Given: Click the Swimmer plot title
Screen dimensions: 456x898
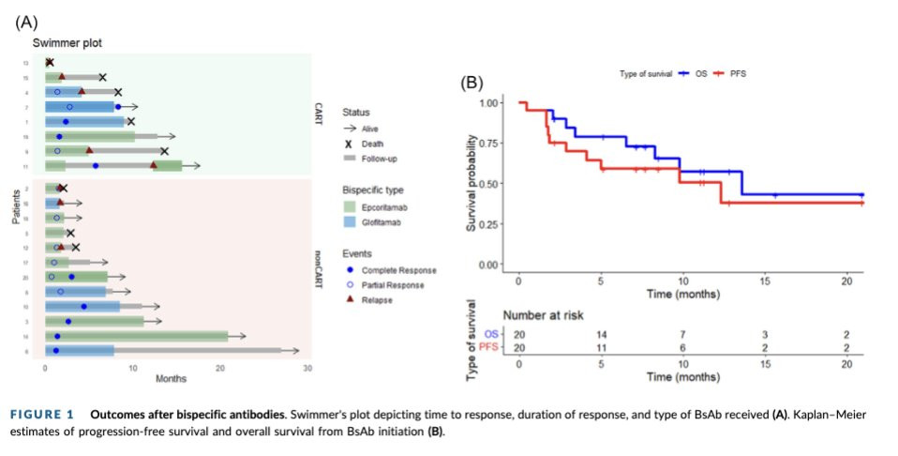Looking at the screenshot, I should tap(67, 43).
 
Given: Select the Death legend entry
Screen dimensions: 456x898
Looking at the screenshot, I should tap(372, 144).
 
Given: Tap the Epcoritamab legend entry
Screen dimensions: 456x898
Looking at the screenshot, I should tap(379, 206).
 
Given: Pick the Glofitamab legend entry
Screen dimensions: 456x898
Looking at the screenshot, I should tap(376, 222).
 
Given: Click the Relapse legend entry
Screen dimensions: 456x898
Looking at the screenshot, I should tap(376, 300).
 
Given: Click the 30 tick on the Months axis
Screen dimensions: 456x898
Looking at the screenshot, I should tap(307, 366).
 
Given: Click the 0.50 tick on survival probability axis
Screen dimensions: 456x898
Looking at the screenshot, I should tap(486, 183).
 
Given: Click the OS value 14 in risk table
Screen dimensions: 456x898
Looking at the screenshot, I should tap(603, 333).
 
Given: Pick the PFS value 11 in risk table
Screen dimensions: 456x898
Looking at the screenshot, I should tap(603, 347).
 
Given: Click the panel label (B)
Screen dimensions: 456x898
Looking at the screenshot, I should tap(471, 83).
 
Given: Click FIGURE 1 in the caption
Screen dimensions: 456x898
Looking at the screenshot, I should tap(47, 414).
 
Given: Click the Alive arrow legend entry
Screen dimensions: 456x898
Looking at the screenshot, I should tap(372, 129).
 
